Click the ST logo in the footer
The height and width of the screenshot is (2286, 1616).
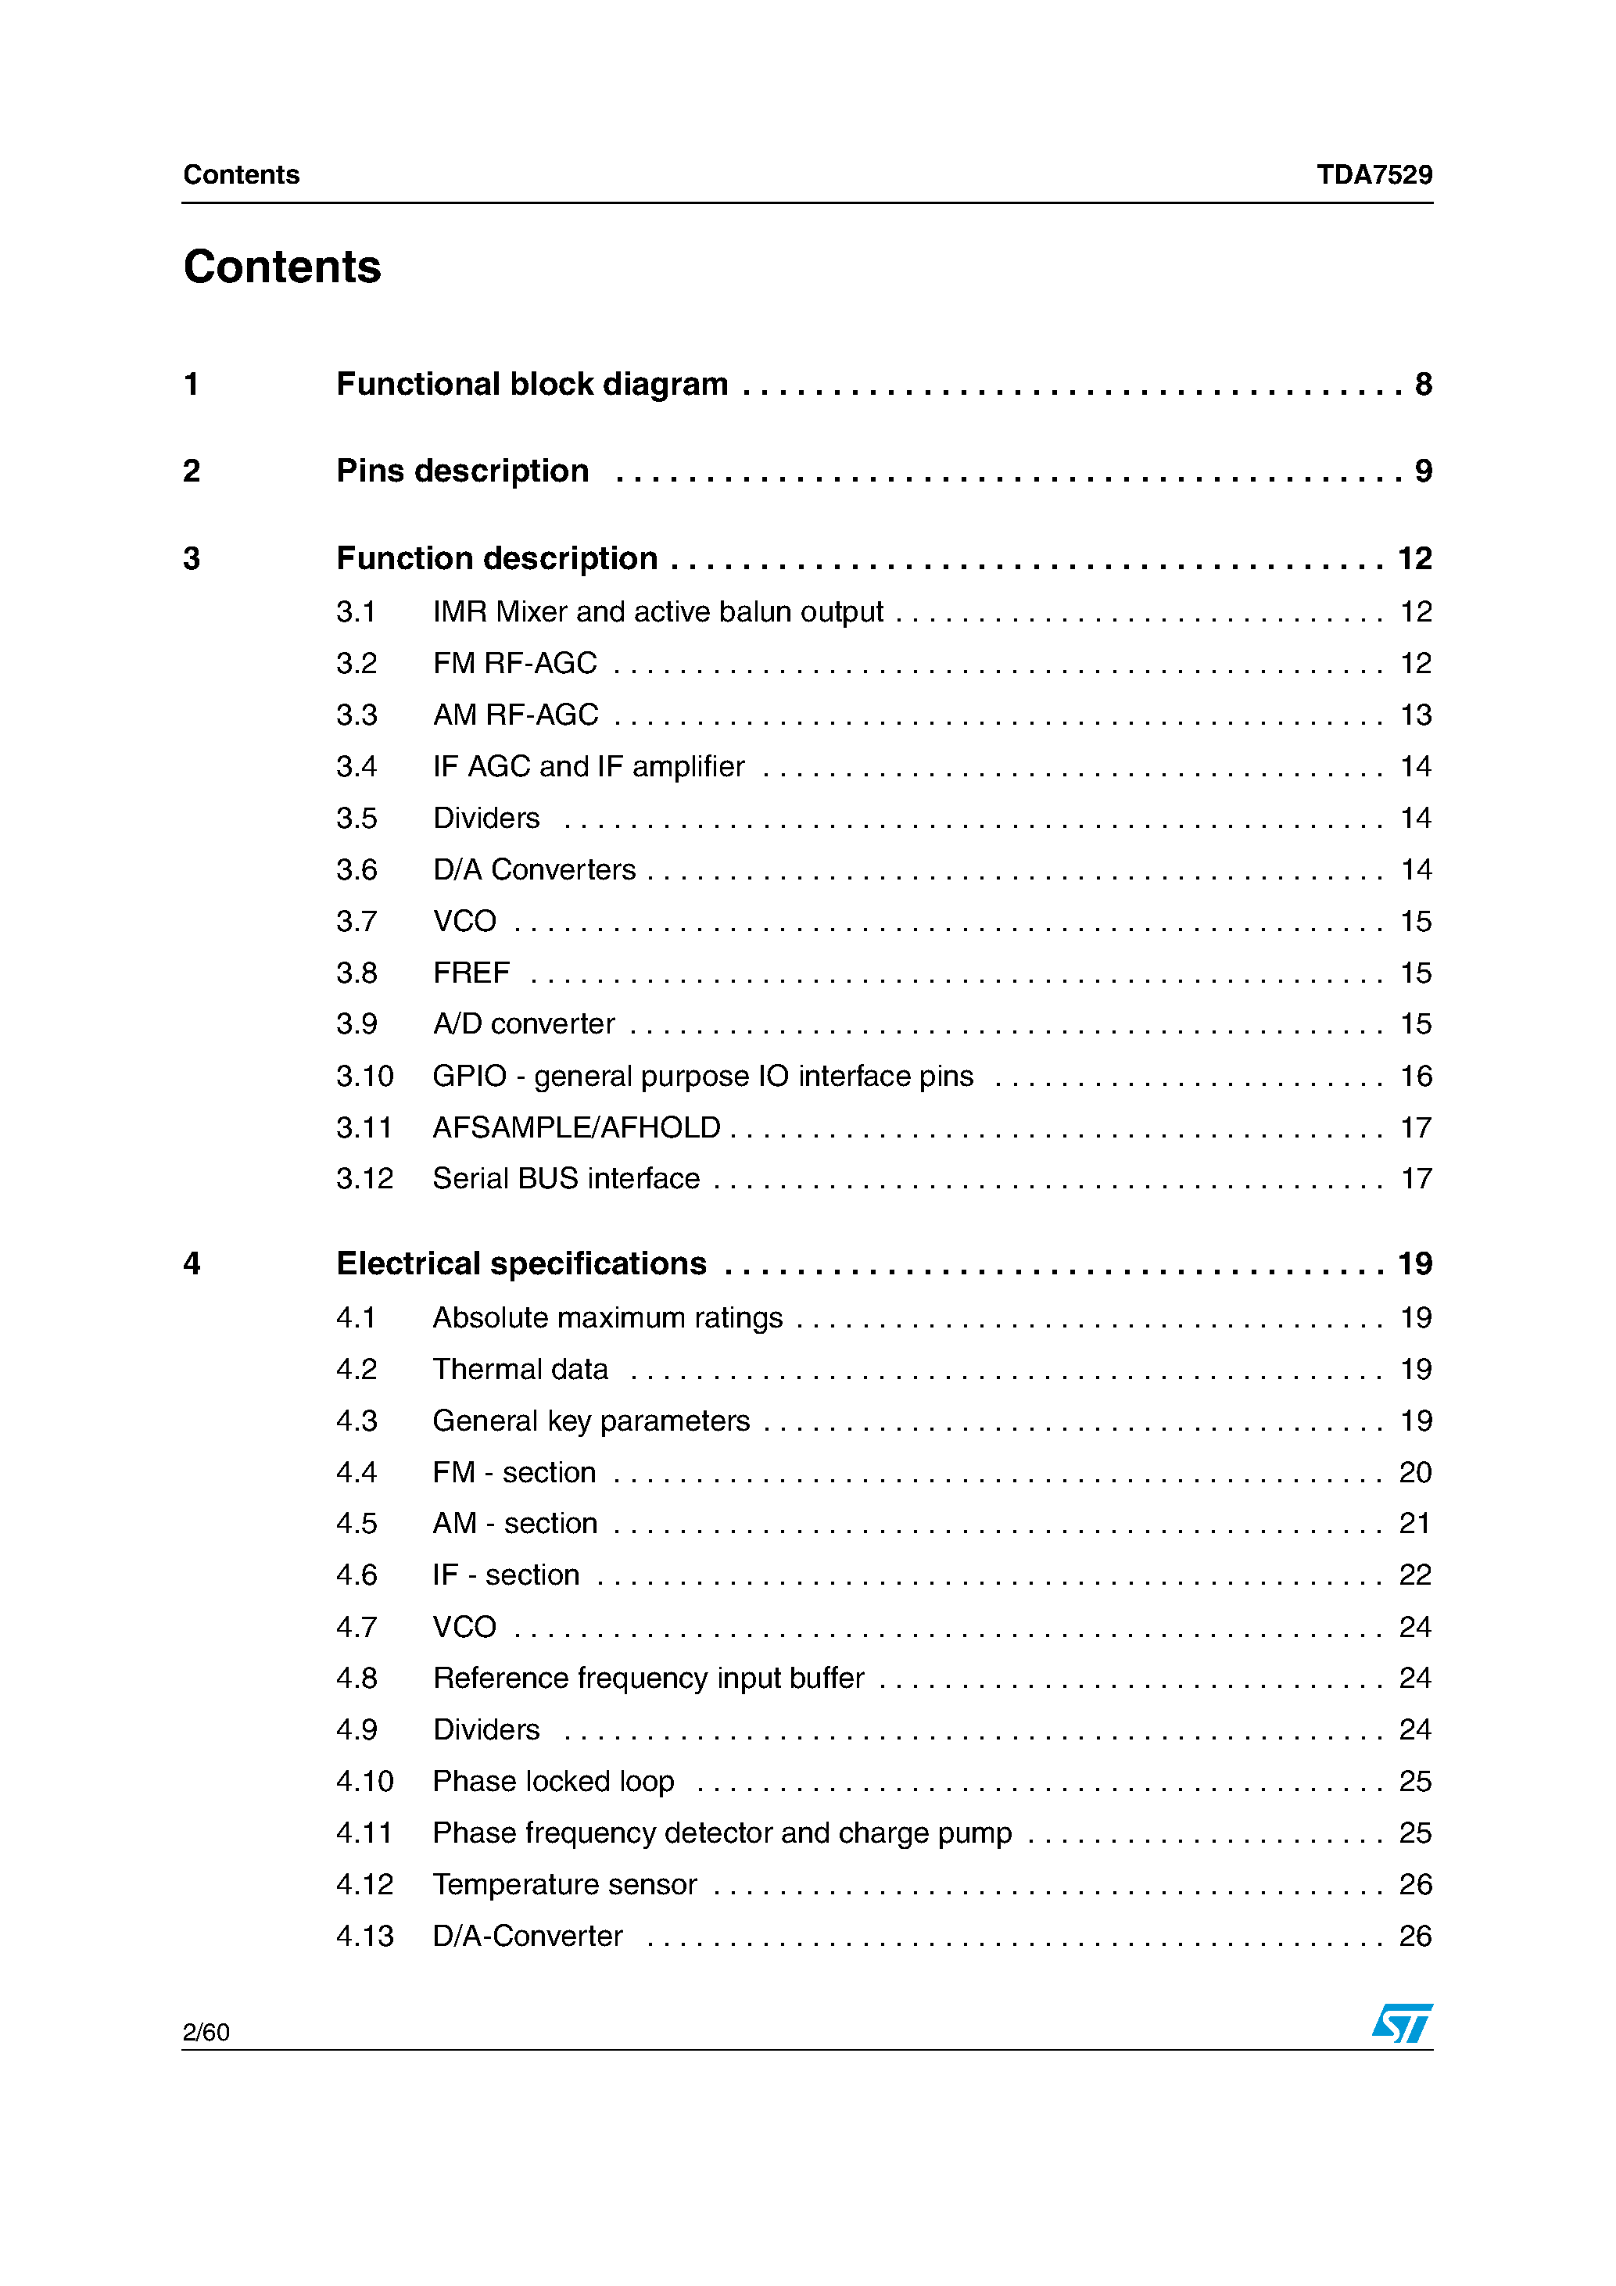[x=1402, y=2023]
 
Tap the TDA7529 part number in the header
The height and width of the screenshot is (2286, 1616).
[x=1374, y=174]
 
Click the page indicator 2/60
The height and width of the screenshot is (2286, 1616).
[x=206, y=2032]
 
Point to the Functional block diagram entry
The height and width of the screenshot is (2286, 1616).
[x=532, y=385]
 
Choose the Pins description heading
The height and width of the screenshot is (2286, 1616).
[x=462, y=471]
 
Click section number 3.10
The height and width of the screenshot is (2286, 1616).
[x=364, y=1077]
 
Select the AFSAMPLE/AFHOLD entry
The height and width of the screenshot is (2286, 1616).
[x=576, y=1128]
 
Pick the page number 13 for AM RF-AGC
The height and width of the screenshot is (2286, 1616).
[x=1416, y=715]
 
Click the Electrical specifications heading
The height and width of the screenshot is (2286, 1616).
[x=521, y=1263]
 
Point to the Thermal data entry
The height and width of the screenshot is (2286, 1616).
[x=520, y=1370]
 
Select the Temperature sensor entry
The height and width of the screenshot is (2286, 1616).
[x=564, y=1885]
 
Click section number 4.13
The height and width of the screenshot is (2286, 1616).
[x=364, y=1937]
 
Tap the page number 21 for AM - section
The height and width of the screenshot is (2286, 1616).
[x=1415, y=1523]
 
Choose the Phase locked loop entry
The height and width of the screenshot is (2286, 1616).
[x=553, y=1781]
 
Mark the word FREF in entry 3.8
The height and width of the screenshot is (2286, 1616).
[x=471, y=973]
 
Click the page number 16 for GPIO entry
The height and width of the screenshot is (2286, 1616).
[x=1416, y=1077]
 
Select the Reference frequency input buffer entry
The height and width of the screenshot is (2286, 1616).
[x=648, y=1679]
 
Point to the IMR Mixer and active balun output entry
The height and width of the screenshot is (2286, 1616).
[x=658, y=611]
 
